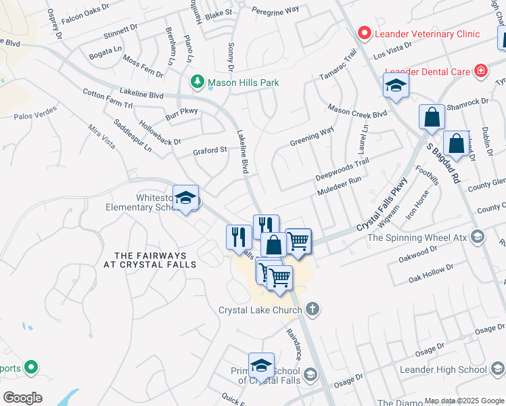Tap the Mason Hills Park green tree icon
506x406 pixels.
198,83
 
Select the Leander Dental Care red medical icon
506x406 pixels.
481,70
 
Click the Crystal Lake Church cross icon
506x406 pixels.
311,310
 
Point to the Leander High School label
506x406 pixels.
443,369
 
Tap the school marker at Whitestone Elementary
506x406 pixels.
185,198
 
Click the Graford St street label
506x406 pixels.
208,150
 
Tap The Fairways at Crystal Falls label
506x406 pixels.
155,260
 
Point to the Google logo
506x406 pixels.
22,398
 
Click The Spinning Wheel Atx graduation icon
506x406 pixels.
478,236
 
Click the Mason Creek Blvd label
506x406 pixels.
357,110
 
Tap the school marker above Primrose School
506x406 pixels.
261,365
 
